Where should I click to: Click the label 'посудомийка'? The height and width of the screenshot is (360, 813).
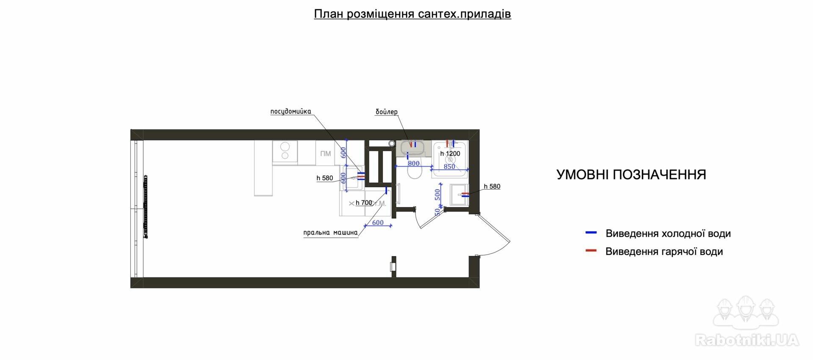click(x=290, y=111)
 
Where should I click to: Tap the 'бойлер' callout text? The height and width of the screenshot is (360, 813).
click(x=387, y=112)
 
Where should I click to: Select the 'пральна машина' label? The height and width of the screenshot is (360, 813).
click(x=330, y=233)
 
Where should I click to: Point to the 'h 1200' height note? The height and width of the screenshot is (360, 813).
click(x=450, y=154)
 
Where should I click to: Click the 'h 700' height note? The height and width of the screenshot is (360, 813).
click(x=364, y=202)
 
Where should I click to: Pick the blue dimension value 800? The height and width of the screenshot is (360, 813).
click(x=414, y=163)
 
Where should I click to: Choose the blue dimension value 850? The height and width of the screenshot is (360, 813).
click(x=449, y=167)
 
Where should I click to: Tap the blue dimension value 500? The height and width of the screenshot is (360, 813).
click(x=437, y=194)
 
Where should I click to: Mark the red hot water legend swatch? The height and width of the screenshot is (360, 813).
click(x=591, y=251)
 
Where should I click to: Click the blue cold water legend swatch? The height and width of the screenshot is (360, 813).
click(x=591, y=233)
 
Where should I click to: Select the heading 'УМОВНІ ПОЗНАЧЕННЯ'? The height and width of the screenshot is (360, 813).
click(x=631, y=174)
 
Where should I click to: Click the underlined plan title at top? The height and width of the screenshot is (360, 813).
click(x=412, y=14)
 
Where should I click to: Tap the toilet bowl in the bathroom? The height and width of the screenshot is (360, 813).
click(x=415, y=172)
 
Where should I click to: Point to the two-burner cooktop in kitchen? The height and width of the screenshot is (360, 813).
click(x=285, y=152)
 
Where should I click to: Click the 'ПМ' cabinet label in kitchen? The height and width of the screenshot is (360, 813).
click(x=326, y=153)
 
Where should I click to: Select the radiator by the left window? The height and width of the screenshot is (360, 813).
click(x=146, y=206)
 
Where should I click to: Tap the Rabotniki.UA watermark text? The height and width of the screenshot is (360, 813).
click(x=747, y=340)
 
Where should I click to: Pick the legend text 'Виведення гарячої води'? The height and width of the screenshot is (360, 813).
click(x=664, y=252)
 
